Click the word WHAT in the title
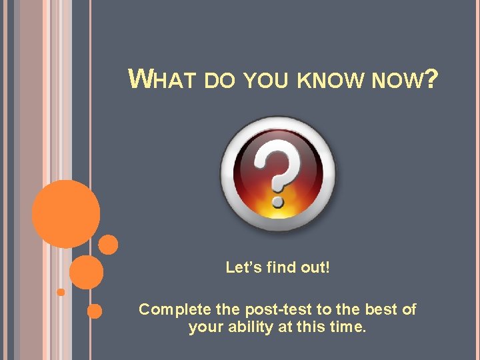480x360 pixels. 161,80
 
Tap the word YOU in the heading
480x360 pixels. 267,81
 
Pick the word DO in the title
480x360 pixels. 221,81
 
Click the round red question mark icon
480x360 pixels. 279,174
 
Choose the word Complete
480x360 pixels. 173,309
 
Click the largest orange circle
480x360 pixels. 66,214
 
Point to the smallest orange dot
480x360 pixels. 61,292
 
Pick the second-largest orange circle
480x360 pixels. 87,273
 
